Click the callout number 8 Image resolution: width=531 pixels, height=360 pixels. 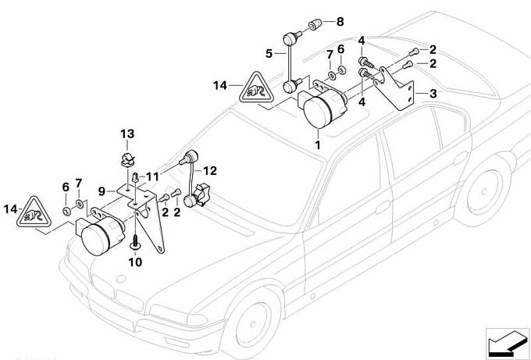340,22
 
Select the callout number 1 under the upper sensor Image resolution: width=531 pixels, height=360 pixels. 318,145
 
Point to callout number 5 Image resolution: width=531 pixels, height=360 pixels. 269,54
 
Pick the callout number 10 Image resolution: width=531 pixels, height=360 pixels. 134,263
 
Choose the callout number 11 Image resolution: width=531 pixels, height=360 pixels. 153,176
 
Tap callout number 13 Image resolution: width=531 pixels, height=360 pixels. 127,134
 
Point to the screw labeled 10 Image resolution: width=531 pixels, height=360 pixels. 136,238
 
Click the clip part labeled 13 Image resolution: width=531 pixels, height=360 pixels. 127,161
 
